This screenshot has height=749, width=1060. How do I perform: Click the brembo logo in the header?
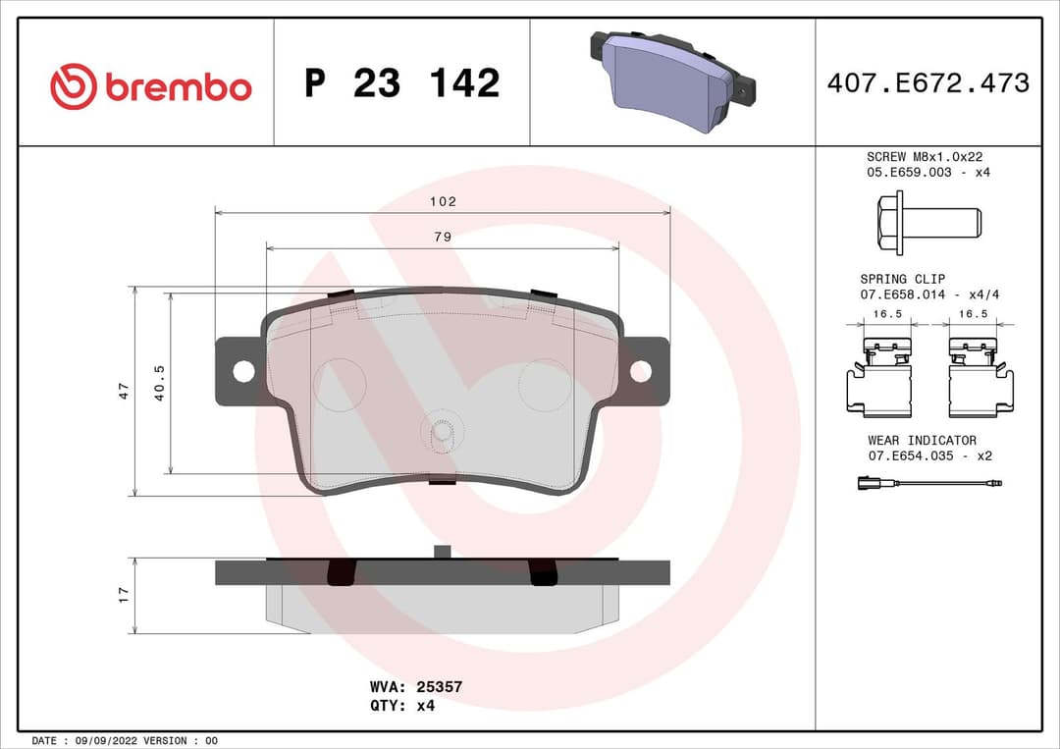coord(151,86)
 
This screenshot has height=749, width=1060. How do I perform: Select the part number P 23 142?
coord(401,83)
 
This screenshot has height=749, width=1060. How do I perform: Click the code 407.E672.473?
coord(927,83)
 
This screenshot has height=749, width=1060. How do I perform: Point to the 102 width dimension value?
coord(443,201)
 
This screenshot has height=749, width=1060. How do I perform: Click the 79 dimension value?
coord(443,237)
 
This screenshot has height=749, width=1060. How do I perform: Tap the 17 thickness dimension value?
coord(124,595)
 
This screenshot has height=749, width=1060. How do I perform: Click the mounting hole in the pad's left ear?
coord(243,371)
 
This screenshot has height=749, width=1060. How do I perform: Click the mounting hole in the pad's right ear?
coord(640,371)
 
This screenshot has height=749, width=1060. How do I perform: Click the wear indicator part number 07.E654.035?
coord(912,455)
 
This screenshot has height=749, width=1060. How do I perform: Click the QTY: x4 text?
coord(401,705)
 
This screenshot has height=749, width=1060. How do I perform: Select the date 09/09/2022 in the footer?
coord(102,740)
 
